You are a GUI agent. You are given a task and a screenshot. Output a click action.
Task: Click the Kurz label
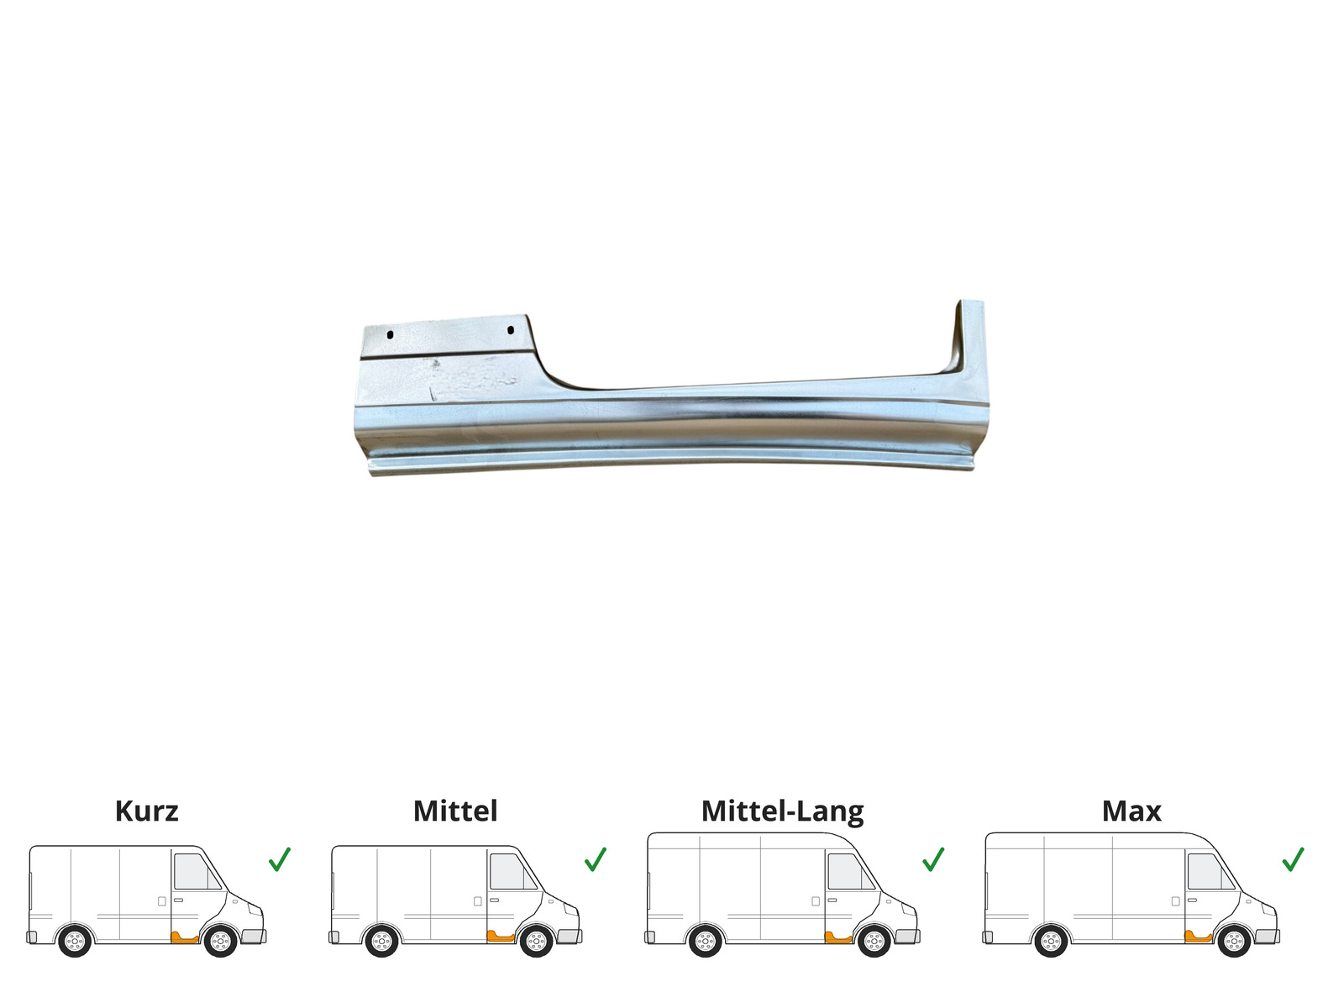146,811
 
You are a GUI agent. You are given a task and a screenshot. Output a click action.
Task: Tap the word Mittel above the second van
455,811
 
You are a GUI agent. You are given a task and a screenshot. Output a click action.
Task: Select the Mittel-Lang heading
783,812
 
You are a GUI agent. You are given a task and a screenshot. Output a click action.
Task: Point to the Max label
1131,811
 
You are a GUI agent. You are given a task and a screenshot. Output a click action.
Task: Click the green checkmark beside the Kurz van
279,859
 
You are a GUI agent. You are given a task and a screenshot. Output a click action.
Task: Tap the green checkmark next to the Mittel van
596,859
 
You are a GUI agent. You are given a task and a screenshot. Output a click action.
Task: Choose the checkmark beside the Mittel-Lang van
933,859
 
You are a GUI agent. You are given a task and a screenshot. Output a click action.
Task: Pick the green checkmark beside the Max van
1293,859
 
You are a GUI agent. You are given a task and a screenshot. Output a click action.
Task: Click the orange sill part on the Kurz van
184,937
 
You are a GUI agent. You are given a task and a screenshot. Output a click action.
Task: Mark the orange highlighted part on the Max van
1198,937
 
